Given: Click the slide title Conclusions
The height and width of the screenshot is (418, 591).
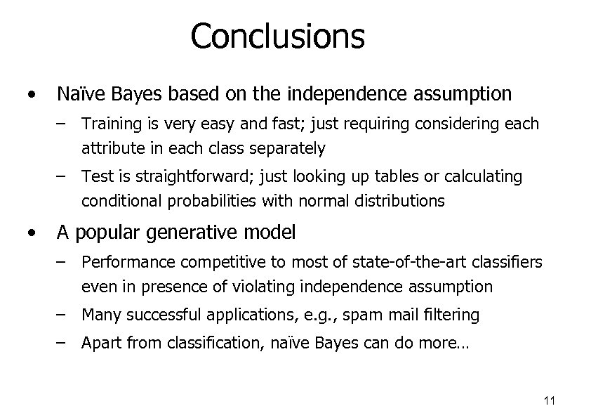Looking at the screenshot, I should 277,36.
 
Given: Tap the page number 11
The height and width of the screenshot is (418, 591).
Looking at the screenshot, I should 550,401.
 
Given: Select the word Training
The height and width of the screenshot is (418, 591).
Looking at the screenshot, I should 109,124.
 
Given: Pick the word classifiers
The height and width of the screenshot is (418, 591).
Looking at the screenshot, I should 506,263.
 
